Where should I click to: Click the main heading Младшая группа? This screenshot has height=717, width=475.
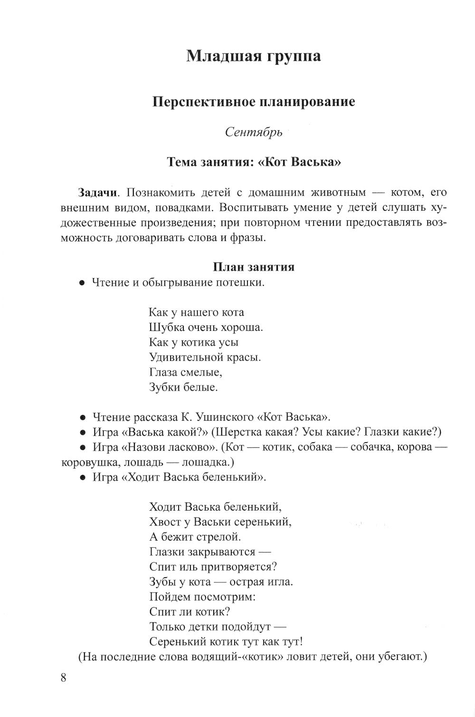[x=253, y=56]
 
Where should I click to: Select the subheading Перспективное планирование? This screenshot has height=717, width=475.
[x=253, y=102]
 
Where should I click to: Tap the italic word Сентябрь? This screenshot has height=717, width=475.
[x=254, y=132]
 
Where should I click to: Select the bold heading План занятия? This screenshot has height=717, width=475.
[x=253, y=267]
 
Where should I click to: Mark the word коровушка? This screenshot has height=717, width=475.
[x=90, y=462]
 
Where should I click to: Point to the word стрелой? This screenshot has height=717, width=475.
[x=219, y=537]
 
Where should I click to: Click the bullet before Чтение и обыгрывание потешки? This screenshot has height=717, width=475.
[x=82, y=283]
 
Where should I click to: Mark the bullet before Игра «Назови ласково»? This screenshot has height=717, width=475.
[x=82, y=447]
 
